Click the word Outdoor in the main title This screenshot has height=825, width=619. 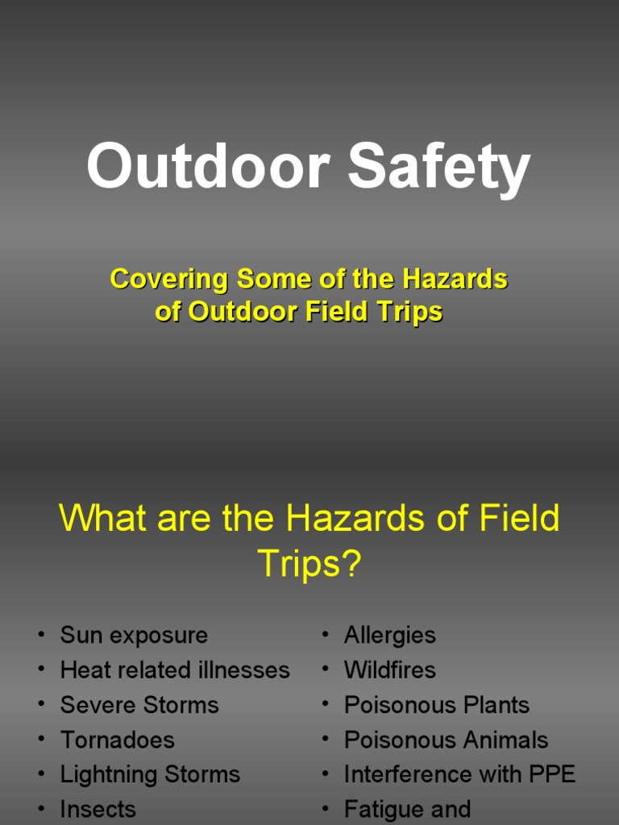[x=208, y=168]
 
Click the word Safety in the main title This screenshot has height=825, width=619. [x=439, y=168]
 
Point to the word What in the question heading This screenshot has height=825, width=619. [x=104, y=517]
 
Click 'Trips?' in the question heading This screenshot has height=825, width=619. [x=309, y=564]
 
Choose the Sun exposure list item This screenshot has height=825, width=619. [x=134, y=635]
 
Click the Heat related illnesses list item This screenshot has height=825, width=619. [x=175, y=670]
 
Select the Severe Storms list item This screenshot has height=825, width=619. [x=139, y=705]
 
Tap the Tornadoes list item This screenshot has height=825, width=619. [x=117, y=740]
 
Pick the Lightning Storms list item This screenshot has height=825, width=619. [x=150, y=774]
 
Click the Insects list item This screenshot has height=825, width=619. [x=98, y=809]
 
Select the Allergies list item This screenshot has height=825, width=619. [x=390, y=635]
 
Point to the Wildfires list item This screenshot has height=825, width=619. [x=390, y=670]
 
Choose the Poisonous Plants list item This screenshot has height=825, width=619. [x=437, y=705]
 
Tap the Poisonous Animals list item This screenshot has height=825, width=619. [x=446, y=740]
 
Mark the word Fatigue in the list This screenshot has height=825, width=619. [x=384, y=809]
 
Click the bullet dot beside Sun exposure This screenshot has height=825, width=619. [x=40, y=635]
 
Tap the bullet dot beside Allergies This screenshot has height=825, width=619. [x=325, y=635]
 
